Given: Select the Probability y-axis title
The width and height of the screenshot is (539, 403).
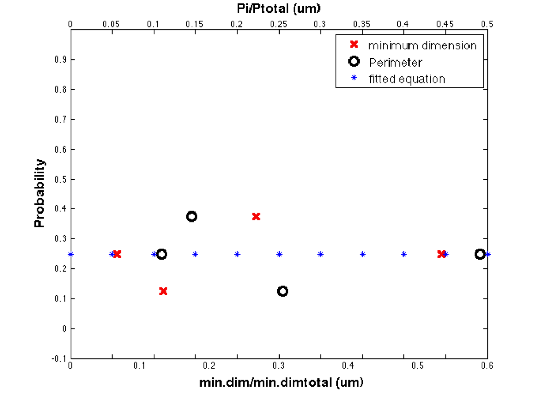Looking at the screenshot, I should [39, 193].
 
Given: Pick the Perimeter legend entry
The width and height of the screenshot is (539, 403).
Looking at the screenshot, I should [395, 62].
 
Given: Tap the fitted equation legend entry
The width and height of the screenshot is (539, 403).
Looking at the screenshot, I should [407, 79].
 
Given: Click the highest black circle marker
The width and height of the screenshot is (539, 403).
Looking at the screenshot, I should [192, 216].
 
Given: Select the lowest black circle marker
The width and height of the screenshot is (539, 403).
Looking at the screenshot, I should [283, 291].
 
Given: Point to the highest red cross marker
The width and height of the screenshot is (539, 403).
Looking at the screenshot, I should [256, 216].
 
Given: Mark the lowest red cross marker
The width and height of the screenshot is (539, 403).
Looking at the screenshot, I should [164, 291].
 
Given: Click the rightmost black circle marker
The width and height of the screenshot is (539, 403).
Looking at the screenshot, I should [480, 254].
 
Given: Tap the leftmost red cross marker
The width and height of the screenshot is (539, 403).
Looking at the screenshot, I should [117, 254].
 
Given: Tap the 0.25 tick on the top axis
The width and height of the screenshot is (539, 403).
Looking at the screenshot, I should [279, 24].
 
